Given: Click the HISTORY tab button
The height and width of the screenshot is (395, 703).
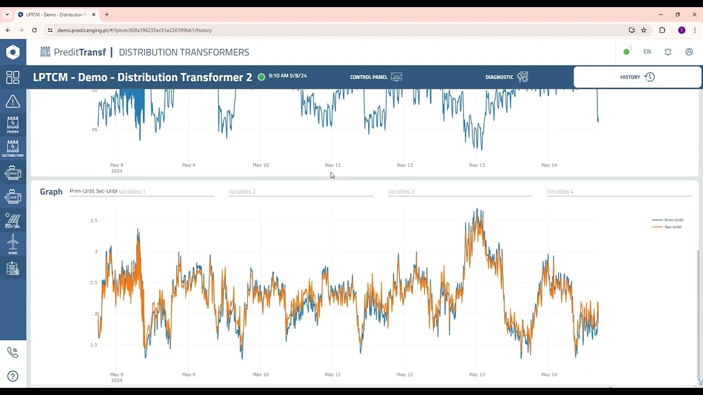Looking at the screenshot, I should click(637, 77).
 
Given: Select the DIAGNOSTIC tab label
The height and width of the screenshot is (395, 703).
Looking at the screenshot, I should click(499, 77).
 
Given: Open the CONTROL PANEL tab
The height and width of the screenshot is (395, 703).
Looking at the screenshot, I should click(369, 77).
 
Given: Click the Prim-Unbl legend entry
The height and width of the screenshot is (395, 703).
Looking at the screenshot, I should click(673, 220).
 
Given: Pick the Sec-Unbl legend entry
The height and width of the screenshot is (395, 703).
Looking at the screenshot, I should click(673, 227).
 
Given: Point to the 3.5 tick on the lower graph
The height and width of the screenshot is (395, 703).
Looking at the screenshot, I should click(93, 221).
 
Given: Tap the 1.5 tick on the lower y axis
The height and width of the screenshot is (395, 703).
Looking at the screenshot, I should click(93, 345).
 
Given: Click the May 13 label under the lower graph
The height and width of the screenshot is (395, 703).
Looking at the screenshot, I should click(477, 375).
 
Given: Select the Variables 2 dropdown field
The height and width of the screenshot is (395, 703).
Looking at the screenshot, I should click(300, 192).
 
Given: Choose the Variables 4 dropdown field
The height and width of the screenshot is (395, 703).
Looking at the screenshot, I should click(618, 192).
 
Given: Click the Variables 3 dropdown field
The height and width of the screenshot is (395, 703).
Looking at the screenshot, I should click(460, 192).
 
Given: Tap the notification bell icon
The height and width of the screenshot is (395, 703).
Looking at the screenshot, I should click(668, 52).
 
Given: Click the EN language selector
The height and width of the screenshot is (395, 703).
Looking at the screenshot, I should click(647, 52).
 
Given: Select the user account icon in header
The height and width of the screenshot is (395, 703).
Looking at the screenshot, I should click(689, 52).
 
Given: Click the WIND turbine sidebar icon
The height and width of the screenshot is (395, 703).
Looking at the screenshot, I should click(13, 244).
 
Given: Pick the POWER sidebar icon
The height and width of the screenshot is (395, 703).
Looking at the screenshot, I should click(13, 125).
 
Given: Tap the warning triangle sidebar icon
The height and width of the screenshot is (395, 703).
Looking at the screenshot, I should click(13, 101).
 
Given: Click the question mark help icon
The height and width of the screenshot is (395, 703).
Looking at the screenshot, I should click(13, 376).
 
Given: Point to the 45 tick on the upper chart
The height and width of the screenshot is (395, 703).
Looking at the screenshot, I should click(94, 130).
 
